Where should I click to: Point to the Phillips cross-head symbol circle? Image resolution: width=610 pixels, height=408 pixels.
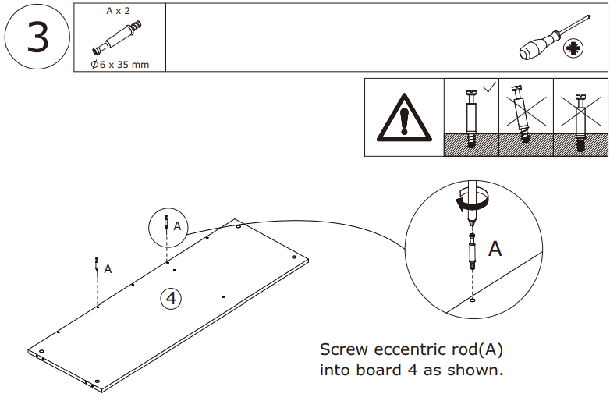coord(575,49)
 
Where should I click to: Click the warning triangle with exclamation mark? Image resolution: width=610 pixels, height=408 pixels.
coord(403,116)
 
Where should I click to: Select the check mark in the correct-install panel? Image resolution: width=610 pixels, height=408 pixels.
coord(488,88)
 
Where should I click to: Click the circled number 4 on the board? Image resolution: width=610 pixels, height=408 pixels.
coord(171,297)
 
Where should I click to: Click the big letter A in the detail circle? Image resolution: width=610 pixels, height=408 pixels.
coord(495,249)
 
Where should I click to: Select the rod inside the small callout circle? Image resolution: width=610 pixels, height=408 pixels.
coord(166,224)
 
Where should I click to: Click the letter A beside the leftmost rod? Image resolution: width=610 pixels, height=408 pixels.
coord(108,268)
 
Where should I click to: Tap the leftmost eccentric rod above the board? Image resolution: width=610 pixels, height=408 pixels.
coord(96,264)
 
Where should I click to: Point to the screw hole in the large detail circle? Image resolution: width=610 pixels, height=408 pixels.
coord(473,298)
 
